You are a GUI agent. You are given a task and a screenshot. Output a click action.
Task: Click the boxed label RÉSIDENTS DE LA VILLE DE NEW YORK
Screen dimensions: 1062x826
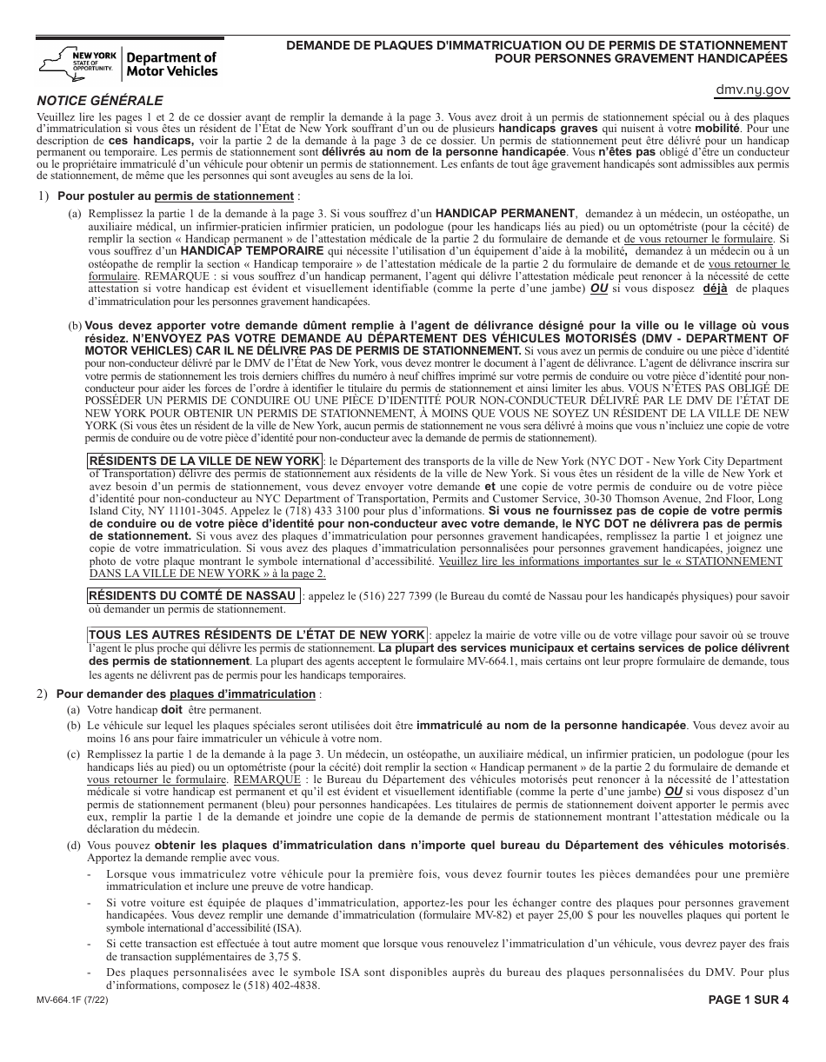click(205, 461)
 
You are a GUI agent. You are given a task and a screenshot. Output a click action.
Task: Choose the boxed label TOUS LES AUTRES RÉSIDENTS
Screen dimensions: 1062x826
click(257, 635)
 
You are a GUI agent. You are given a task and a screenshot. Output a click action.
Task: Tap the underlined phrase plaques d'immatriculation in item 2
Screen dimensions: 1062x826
click(243, 694)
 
